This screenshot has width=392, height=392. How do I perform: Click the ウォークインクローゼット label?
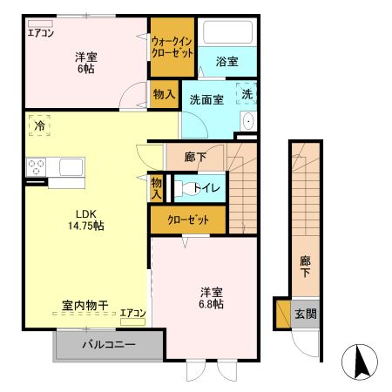pos(172,47)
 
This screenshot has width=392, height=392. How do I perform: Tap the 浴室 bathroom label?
pos(226,62)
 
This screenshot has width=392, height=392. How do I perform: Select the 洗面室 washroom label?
pos(206,98)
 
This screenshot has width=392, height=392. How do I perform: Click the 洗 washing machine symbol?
pos(247,93)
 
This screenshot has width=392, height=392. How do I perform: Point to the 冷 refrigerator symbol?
pos(39,125)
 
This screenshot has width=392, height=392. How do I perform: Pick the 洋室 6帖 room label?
pos(84,62)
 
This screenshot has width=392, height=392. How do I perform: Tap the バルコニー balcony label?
pos(109,345)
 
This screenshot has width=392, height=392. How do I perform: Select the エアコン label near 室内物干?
pos(133,313)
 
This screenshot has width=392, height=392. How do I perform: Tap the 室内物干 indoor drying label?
pos(84,306)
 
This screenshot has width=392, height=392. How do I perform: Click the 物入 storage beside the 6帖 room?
pos(164,94)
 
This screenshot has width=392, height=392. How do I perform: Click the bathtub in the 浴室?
pos(226,33)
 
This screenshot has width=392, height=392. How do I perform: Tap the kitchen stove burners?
pos(37,166)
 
